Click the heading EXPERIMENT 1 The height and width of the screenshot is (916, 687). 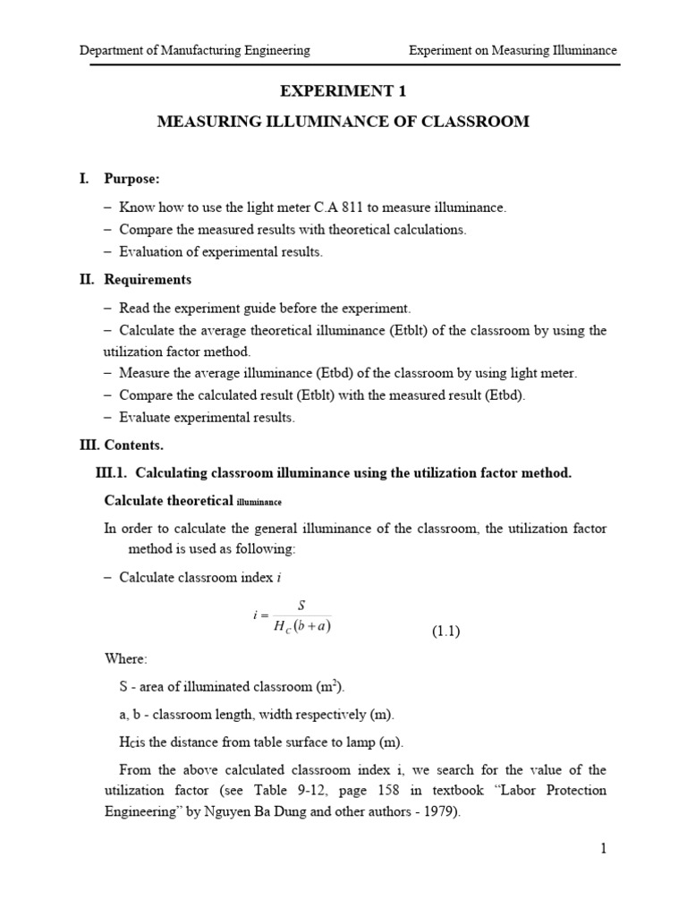coord(343,90)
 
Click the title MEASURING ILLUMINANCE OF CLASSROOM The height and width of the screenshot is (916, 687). coord(343,122)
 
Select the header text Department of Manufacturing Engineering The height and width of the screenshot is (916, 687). coord(195,51)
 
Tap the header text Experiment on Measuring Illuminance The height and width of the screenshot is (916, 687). coord(513,51)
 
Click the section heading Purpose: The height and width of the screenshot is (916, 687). coord(132,179)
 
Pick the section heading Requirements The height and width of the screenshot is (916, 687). coord(148,280)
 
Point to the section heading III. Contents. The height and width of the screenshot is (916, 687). coord(123,445)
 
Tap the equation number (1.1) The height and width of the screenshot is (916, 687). coord(445,632)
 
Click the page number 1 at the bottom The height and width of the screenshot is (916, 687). coord(604,849)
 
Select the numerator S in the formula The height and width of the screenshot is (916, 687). coord(301,606)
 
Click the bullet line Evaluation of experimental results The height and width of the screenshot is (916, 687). coord(221,252)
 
